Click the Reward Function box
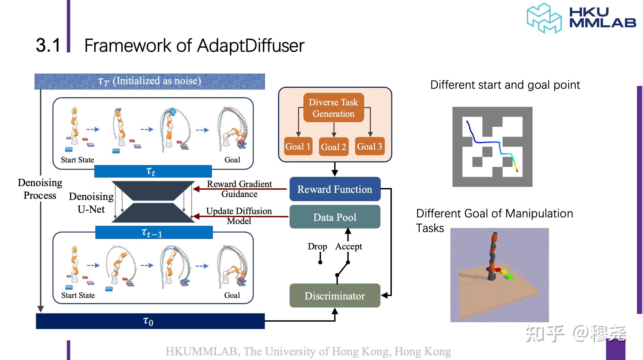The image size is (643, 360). point(335,189)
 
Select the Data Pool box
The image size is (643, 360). point(335,217)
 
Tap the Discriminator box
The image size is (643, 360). point(335,296)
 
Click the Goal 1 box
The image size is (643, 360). point(298,146)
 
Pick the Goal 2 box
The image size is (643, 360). point(334,147)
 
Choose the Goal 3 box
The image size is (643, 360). point(369,146)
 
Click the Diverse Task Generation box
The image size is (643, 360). point(333,108)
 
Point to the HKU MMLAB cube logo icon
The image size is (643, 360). point(544,18)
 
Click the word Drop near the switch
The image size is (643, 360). point(317,246)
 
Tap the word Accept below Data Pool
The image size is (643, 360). point(348,246)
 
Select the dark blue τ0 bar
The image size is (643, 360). point(150,321)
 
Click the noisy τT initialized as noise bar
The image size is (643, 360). point(150,81)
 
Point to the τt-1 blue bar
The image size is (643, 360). point(154,232)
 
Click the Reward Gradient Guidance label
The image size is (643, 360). point(239,189)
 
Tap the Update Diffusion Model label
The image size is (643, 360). point(239,216)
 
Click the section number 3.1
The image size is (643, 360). point(48,45)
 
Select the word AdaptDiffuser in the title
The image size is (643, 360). point(250,46)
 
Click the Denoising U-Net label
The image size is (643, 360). point(91,203)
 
